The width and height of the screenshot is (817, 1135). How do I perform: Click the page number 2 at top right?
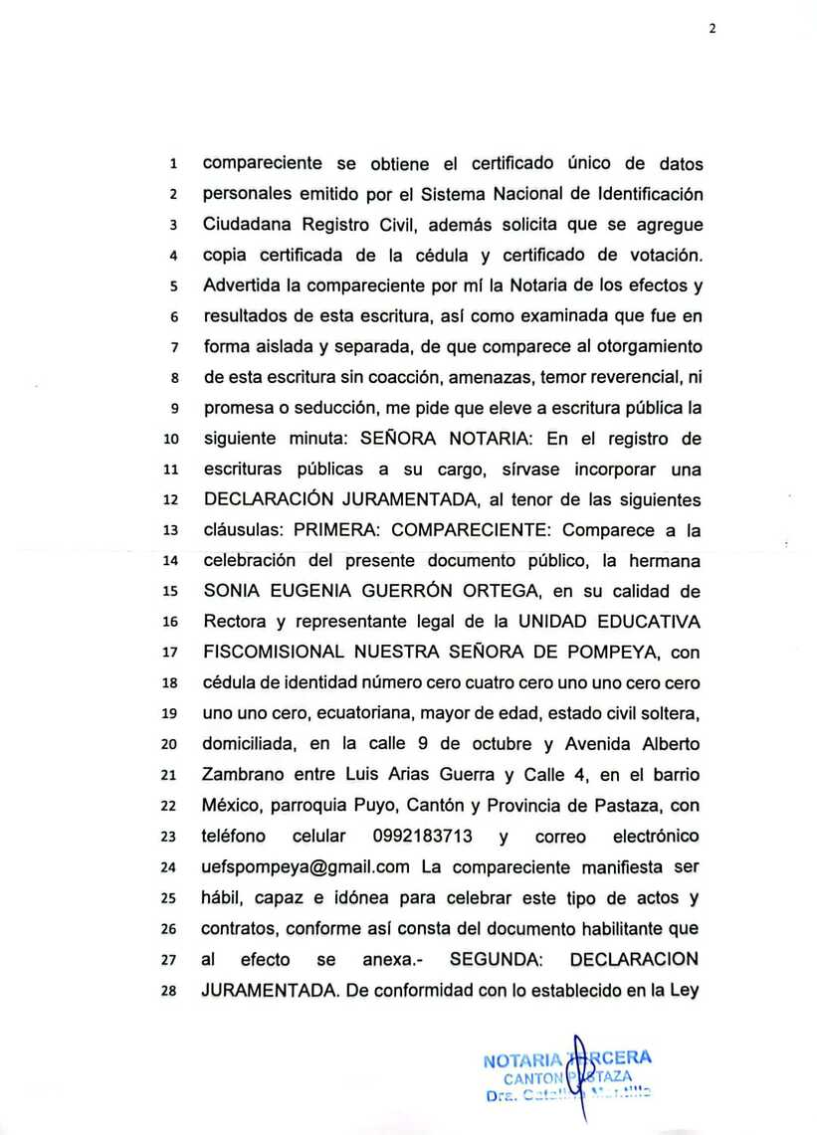click(x=713, y=29)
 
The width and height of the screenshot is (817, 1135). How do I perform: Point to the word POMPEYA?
click(x=617, y=654)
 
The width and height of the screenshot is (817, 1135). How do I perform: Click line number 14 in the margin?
click(x=171, y=562)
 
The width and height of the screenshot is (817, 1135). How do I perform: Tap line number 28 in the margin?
click(x=171, y=992)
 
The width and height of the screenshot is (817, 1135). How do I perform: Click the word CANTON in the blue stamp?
click(x=535, y=1078)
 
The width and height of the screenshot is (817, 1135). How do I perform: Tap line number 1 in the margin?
click(x=173, y=163)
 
